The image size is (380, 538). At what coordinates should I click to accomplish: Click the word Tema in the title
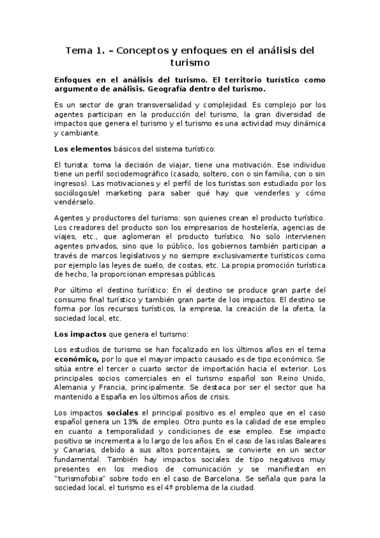(81, 50)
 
